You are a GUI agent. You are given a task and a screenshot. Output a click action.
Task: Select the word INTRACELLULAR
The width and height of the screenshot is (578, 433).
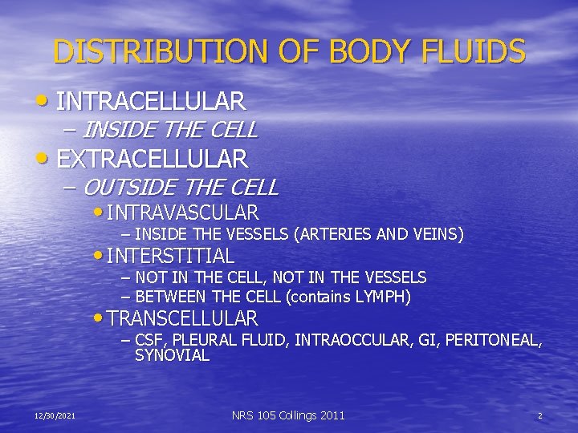pos(152,102)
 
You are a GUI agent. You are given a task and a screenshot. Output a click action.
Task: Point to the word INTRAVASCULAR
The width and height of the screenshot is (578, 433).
pos(182,212)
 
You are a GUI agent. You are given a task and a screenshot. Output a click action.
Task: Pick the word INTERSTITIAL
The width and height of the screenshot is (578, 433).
pos(170,257)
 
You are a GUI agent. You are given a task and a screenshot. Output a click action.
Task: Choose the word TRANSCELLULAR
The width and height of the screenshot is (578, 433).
pos(182,318)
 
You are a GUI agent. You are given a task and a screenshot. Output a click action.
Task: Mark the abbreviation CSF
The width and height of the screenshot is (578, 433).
pos(150,340)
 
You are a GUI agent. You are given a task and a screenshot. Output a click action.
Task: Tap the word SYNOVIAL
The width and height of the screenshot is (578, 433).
pos(172,355)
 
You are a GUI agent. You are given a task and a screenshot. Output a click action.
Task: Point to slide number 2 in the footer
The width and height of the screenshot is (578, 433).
pos(540,415)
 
